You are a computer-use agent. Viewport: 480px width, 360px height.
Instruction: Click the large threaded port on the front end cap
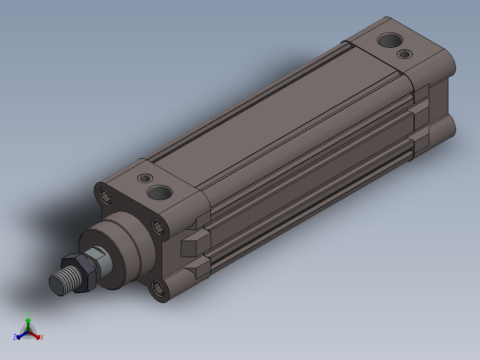click(x=159, y=192)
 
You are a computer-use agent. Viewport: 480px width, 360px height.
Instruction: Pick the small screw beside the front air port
click(x=145, y=178)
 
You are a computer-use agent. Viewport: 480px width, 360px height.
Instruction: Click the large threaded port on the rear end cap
click(x=390, y=40)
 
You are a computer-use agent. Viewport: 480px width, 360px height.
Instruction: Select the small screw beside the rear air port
click(x=404, y=54)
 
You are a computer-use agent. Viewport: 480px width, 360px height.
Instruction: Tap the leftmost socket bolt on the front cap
click(x=105, y=196)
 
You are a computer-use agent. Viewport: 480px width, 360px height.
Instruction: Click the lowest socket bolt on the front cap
click(x=158, y=288)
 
